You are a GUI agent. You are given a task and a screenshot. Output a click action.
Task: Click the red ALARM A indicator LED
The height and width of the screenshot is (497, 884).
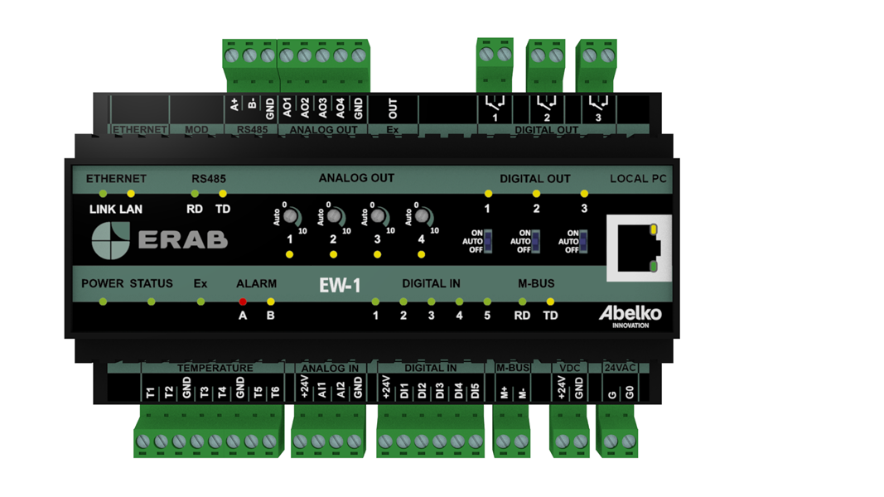(x=243, y=302)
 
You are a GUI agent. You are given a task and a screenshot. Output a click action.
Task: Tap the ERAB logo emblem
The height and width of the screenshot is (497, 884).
(x=110, y=239)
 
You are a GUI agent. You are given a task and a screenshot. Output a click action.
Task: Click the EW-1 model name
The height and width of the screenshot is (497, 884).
(x=340, y=286)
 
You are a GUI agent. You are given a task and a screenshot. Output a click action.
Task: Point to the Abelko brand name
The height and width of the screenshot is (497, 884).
(x=630, y=314)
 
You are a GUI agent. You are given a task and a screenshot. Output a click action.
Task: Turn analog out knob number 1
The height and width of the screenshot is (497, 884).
(x=290, y=216)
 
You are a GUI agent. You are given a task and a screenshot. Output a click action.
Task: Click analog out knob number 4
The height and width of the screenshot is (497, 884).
(x=421, y=216)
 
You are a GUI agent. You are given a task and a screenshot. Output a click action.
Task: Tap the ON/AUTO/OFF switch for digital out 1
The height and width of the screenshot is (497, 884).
(x=488, y=241)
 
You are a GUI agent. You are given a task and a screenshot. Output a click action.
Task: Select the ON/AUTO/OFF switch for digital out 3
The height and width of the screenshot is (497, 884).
(x=584, y=241)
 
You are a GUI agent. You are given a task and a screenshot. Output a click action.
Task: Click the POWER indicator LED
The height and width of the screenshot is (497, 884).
(x=103, y=302)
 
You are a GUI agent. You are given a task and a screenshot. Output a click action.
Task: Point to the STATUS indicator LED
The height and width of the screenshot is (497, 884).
(x=151, y=302)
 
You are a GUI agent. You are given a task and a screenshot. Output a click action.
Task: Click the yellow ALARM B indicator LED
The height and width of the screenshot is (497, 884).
(x=270, y=302)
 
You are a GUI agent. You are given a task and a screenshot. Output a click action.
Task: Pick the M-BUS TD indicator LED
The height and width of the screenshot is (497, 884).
(x=550, y=302)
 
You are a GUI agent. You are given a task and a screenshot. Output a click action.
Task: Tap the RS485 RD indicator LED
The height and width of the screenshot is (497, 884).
(x=195, y=194)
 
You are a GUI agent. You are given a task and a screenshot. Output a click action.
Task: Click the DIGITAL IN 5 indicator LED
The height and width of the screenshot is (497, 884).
(x=487, y=302)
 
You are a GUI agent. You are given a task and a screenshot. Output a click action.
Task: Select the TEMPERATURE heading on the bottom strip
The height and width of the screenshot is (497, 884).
(x=215, y=368)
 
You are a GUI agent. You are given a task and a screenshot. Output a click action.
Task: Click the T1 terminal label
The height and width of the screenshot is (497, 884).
(x=150, y=391)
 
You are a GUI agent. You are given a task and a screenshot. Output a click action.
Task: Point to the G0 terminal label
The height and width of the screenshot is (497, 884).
(x=630, y=391)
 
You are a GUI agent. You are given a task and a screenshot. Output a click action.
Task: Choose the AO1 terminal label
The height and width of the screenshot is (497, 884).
(x=287, y=107)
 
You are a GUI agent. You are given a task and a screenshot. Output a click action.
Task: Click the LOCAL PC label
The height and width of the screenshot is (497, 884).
(x=638, y=179)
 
